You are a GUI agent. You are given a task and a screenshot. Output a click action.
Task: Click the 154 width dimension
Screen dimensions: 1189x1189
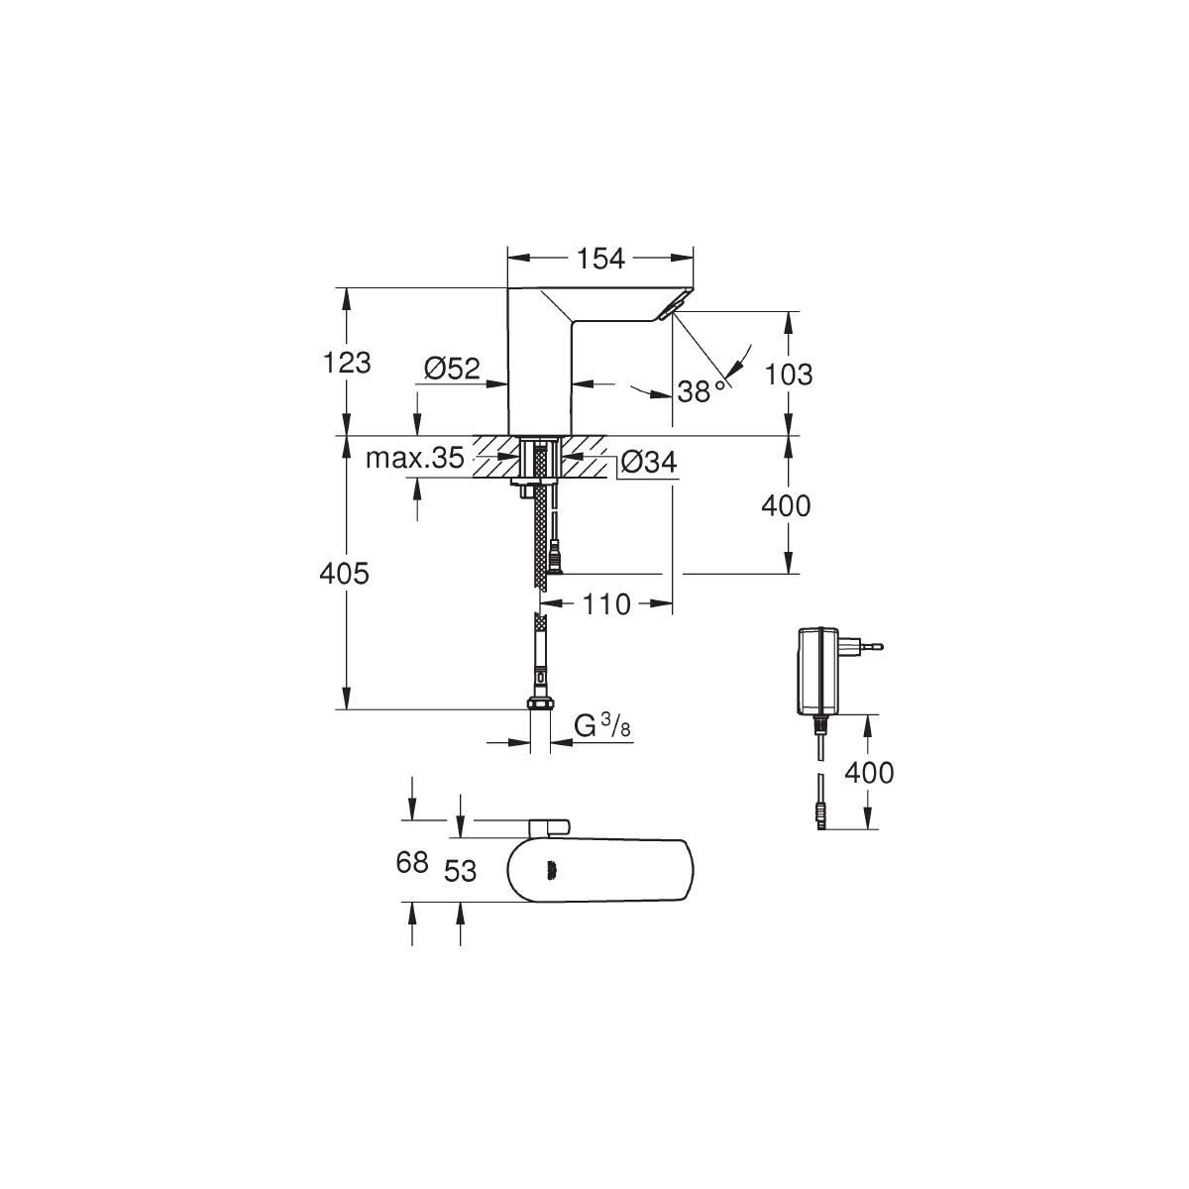[x=599, y=260]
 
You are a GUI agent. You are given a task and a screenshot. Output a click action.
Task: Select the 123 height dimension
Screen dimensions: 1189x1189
[x=347, y=363]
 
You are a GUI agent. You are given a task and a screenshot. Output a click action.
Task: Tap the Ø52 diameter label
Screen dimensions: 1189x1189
[x=452, y=369]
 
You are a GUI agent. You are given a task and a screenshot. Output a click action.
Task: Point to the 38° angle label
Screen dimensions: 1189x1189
[x=701, y=391]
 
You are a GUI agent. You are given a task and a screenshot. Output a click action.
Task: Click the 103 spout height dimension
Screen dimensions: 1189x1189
[x=789, y=375]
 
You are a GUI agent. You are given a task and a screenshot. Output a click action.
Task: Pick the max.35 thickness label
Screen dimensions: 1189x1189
[x=414, y=458]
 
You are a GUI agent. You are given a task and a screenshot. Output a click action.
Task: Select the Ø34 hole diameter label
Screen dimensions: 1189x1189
[x=648, y=462]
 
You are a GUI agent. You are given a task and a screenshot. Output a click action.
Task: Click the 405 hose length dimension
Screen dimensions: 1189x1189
[x=344, y=574]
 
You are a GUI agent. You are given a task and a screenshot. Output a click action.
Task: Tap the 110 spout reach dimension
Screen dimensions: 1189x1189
[x=606, y=604]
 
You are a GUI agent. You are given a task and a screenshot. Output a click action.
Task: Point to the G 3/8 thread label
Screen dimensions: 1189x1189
[x=602, y=726]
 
